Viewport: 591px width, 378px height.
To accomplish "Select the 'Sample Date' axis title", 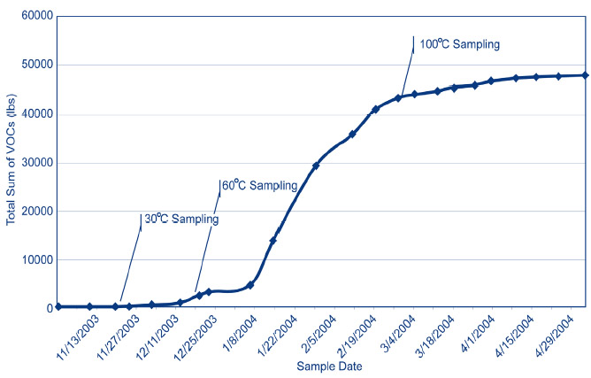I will pyautogui.click(x=322, y=366).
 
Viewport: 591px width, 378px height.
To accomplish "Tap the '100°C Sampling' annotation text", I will pyautogui.click(x=459, y=43).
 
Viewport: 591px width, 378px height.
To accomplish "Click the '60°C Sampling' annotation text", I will pyautogui.click(x=262, y=186).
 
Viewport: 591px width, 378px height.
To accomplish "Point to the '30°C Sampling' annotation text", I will pyautogui.click(x=182, y=219).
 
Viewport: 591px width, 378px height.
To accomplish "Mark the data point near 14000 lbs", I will pyautogui.click(x=273, y=241).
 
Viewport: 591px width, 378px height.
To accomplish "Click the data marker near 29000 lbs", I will pyautogui.click(x=316, y=166).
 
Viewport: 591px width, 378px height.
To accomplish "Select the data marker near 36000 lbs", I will pyautogui.click(x=352, y=135).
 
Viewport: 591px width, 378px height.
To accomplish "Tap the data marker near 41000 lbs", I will pyautogui.click(x=376, y=109).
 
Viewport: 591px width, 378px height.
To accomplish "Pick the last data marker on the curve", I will pyautogui.click(x=585, y=75).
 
